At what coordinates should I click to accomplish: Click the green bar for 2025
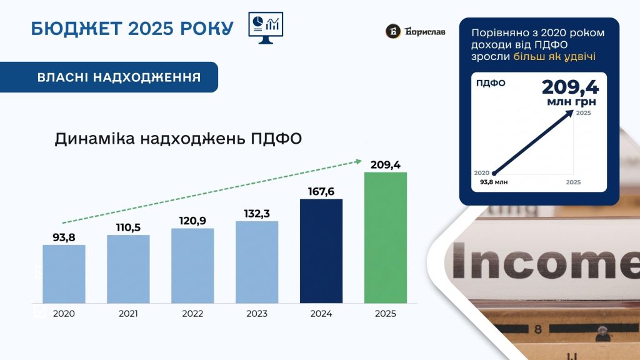point(385,237)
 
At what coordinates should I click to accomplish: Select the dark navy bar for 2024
point(321,251)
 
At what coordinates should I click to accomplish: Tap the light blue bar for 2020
point(64,274)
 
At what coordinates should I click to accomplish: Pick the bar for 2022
point(192,266)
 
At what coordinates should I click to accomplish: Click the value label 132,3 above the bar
point(257,214)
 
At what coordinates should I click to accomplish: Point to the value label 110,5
point(128,227)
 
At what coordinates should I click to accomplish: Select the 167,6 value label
point(321,191)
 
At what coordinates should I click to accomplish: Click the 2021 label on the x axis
point(128,314)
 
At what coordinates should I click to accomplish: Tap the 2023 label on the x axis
point(257,314)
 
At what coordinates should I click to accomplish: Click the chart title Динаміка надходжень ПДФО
point(178,139)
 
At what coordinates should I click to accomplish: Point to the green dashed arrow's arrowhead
point(359,162)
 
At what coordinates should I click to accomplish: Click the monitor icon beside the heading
point(266,27)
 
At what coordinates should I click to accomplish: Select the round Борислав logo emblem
point(393,31)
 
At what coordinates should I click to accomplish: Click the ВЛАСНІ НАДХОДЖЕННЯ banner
point(109,77)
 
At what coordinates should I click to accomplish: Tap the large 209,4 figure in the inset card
point(570,87)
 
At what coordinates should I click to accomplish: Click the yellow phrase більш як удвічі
point(554,56)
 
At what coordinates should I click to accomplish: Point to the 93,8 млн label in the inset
point(494,182)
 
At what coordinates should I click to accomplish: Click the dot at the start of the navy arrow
point(494,174)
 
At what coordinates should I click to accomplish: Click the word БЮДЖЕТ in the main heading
point(76,29)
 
